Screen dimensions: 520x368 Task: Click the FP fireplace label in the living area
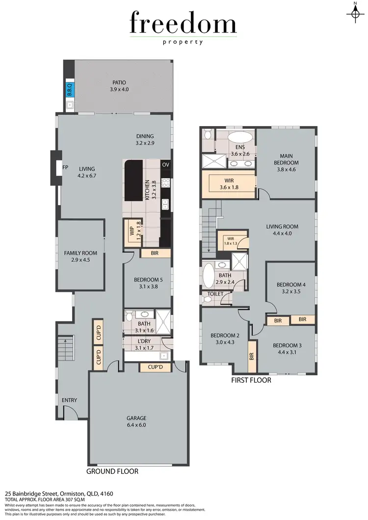(x=65, y=167)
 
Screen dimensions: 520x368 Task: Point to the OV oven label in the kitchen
(x=165, y=164)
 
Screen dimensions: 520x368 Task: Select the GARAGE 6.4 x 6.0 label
(x=136, y=421)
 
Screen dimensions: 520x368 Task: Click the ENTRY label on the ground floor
(x=69, y=400)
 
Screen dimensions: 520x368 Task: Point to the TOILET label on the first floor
(x=215, y=294)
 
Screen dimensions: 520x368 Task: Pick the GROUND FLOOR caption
(x=112, y=471)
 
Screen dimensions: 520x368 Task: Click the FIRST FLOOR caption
(x=251, y=380)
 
